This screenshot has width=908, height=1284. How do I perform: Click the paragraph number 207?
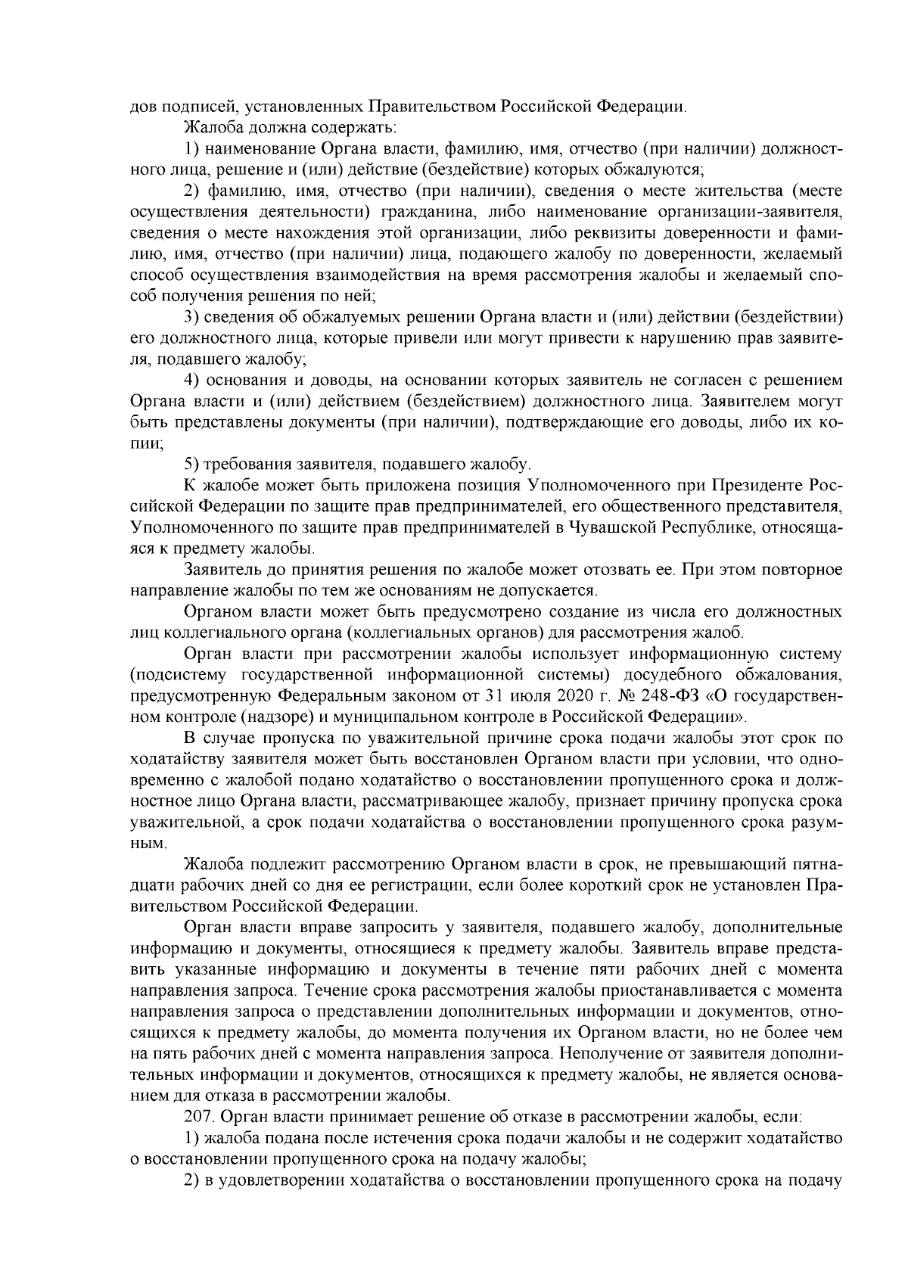(198, 1116)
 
